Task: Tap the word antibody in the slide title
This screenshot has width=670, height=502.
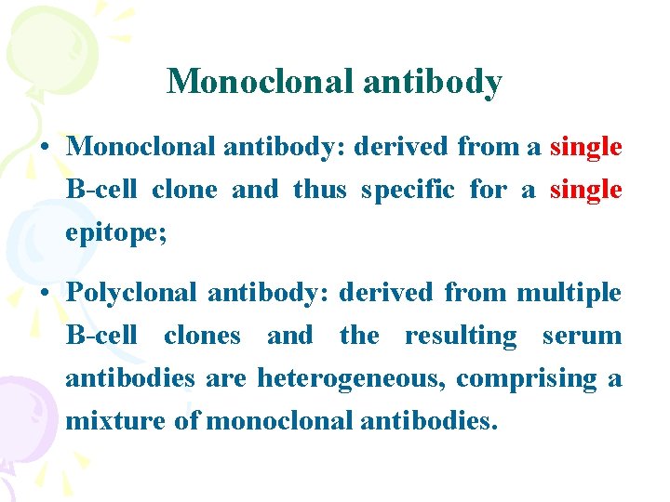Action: coord(433,82)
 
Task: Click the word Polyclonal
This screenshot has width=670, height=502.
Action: coord(132,293)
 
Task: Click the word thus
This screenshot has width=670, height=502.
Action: coord(319,190)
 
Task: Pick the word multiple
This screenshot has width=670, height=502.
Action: coord(569,293)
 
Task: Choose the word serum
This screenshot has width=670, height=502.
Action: coord(583,336)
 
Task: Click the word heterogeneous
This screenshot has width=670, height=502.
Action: coord(353,378)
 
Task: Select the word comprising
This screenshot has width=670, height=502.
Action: coord(526,378)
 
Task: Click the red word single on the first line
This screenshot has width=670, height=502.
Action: coord(586,147)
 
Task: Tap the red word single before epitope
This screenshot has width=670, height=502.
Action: coord(586,190)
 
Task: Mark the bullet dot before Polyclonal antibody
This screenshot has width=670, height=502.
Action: coord(45,294)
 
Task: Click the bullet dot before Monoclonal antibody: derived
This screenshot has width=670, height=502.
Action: coord(45,148)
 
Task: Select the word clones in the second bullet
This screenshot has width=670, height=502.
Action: coord(202,336)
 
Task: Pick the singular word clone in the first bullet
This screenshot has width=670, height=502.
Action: coord(182,190)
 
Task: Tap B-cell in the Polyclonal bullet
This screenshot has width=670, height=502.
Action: coord(101,336)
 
